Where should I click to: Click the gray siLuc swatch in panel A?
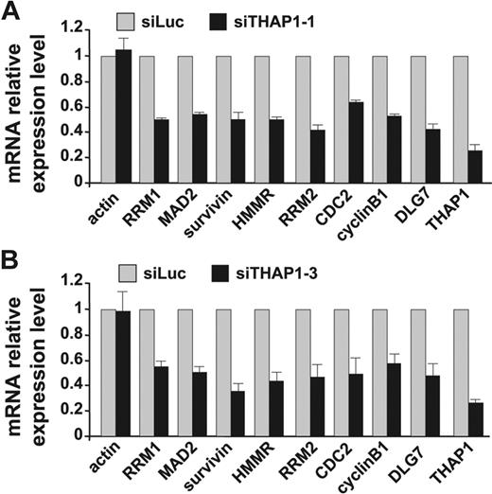tap(132, 19)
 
